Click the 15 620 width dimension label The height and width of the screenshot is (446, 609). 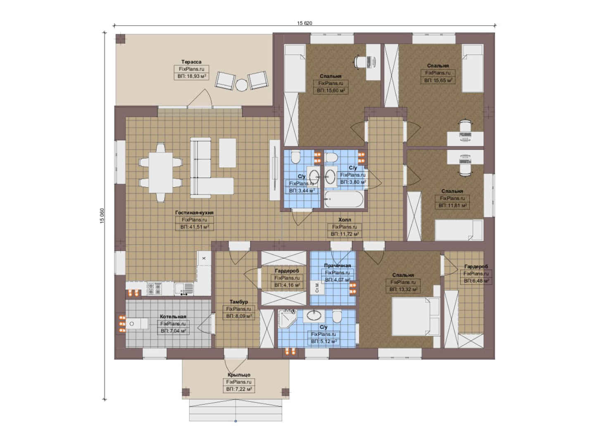(x=304, y=23)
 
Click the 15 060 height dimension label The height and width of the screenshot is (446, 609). (x=102, y=216)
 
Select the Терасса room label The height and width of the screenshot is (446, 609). (x=191, y=62)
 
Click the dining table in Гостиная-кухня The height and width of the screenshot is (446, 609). (x=161, y=173)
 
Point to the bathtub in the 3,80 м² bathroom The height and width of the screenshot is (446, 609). (x=344, y=199)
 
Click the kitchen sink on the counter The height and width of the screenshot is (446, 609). (x=184, y=289)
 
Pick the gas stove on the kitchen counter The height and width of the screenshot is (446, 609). (x=154, y=289)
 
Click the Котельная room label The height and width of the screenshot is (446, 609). (x=173, y=317)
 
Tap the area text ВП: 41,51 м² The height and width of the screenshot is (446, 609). (x=195, y=227)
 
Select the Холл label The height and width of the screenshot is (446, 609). (x=345, y=220)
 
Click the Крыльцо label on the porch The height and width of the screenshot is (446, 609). (x=239, y=375)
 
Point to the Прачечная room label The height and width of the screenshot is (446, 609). (x=338, y=266)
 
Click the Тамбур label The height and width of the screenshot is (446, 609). (x=239, y=302)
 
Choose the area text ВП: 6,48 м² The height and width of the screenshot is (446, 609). (x=476, y=281)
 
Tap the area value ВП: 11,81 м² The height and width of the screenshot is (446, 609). (x=452, y=206)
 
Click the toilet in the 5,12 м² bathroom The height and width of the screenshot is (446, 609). (x=337, y=317)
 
